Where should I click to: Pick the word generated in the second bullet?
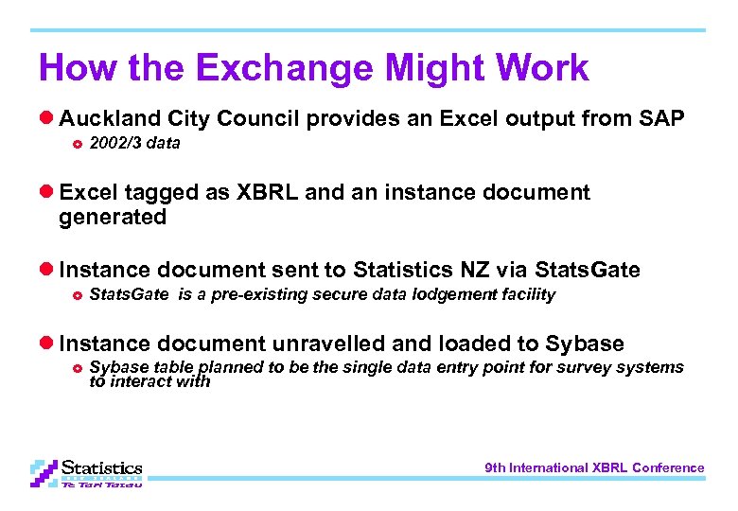pyautogui.click(x=112, y=218)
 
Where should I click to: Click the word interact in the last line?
pyautogui.click(x=146, y=382)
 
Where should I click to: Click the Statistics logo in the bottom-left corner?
pyautogui.click(x=86, y=471)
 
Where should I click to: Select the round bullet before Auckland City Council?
pyautogui.click(x=45, y=119)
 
